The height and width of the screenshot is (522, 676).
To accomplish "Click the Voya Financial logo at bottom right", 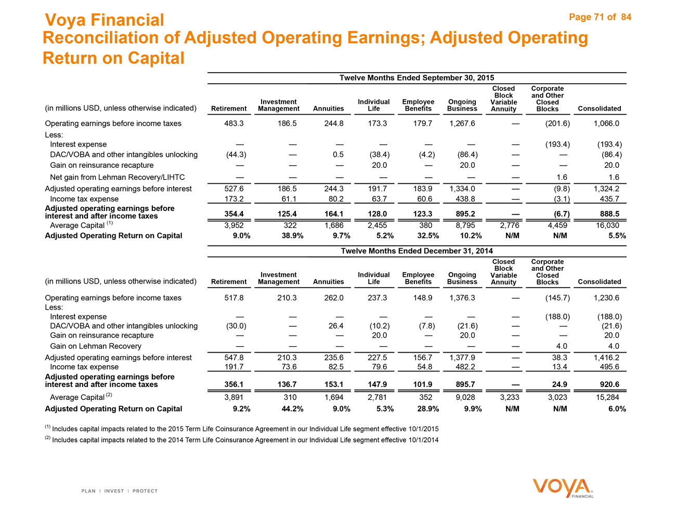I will pos(563,488).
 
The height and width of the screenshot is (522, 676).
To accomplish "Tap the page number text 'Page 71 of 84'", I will pos(600,17).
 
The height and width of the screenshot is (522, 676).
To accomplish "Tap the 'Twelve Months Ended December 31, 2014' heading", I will pos(417,251).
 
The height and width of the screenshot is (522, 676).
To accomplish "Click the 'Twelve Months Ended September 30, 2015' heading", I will pos(417,78).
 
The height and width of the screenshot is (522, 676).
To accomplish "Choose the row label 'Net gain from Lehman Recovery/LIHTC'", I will pos(117,177).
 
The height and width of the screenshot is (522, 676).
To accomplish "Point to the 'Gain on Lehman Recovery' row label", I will pos(96,346).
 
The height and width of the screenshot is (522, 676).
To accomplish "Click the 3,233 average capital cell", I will pos(509,397).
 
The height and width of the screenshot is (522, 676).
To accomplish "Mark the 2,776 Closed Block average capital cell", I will pos(509,225).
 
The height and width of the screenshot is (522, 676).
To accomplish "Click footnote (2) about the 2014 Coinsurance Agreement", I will pos(242,440).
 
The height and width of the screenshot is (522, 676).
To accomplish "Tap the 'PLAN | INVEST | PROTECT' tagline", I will pos(120,491).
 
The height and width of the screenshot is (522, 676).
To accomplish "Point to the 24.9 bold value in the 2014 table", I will pos(560,385).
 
